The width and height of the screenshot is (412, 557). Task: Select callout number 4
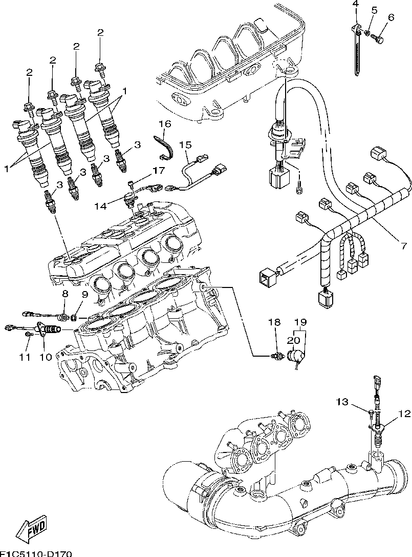(355, 5)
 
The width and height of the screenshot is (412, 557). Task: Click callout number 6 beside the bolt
(391, 17)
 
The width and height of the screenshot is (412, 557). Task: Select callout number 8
(65, 294)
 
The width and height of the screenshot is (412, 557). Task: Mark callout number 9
(84, 294)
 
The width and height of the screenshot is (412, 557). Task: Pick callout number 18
(275, 322)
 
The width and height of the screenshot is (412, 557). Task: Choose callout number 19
(300, 322)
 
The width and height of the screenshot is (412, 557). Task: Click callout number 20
(294, 340)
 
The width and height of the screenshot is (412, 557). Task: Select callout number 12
(404, 414)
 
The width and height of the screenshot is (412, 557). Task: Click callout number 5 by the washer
(374, 10)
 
